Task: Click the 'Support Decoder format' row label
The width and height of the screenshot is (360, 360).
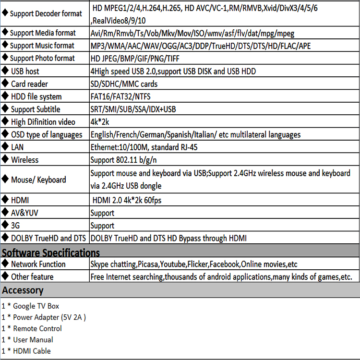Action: point(46,14)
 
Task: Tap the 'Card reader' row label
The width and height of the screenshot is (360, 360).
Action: point(29,84)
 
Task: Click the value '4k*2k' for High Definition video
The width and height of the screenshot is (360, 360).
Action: point(100,122)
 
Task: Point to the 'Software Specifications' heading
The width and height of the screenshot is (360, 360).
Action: point(51,252)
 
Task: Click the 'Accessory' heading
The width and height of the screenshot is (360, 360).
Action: point(23,290)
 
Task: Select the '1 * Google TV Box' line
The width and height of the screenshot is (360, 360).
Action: point(30,306)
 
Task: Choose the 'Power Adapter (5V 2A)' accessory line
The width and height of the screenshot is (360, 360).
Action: point(44,317)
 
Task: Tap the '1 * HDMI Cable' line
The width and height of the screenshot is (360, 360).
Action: point(26,351)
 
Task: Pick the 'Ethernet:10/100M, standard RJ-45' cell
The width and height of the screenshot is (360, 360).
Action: point(144,147)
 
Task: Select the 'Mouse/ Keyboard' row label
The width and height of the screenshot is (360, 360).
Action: point(38,180)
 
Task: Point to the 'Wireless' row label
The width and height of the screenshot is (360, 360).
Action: point(24,160)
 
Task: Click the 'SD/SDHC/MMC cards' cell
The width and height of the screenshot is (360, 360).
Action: point(124,84)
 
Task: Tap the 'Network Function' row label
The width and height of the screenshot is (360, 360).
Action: point(38,264)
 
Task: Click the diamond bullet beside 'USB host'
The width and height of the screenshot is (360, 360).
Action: point(5,71)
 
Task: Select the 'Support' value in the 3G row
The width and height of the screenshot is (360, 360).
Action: point(102,226)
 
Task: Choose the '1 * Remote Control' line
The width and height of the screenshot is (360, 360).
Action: point(32,328)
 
